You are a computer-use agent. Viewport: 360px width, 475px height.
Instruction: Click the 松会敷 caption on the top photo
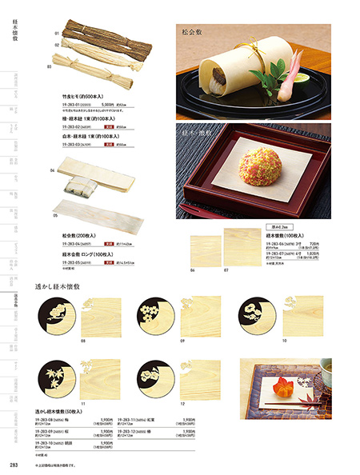pos(194,35)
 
